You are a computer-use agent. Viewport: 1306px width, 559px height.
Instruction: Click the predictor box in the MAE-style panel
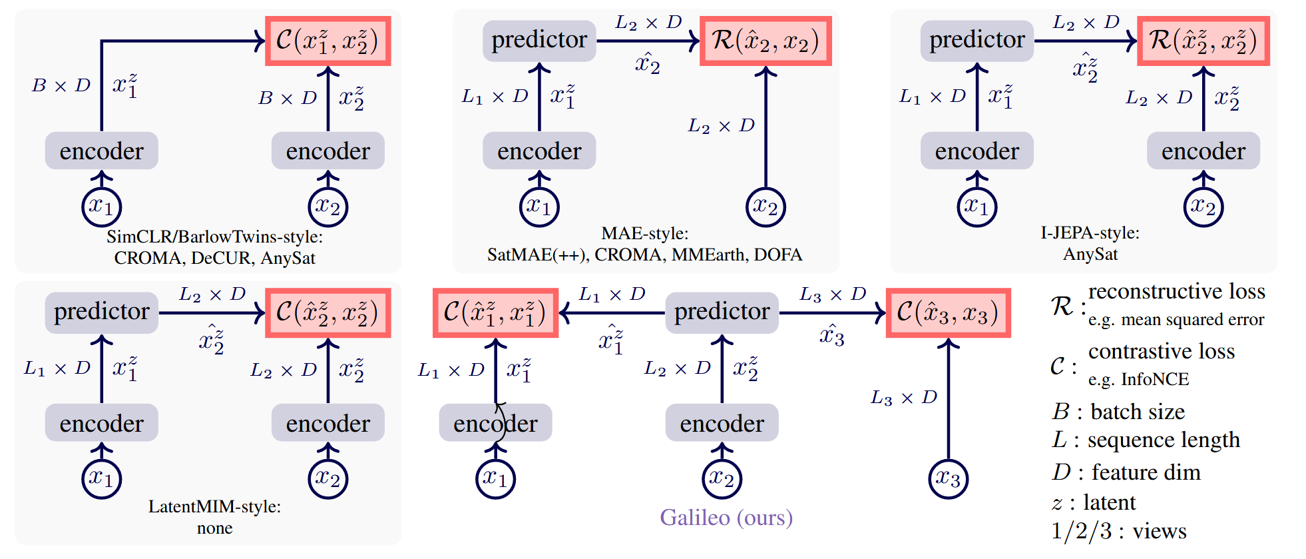click(x=539, y=41)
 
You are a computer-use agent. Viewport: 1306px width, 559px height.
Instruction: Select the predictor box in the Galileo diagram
click(x=722, y=312)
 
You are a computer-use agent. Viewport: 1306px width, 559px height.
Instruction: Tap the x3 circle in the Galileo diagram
click(x=948, y=478)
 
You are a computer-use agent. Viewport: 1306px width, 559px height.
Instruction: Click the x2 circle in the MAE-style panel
click(x=765, y=207)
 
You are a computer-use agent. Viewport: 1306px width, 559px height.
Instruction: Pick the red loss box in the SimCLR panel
click(x=327, y=41)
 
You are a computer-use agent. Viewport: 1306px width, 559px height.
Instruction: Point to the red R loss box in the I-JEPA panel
click(x=1203, y=41)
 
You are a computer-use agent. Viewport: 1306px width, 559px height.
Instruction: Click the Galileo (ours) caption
click(x=726, y=518)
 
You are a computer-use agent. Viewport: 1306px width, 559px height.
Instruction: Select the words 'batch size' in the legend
click(x=1138, y=412)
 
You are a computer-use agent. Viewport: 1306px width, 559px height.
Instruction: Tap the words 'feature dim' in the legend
click(x=1146, y=472)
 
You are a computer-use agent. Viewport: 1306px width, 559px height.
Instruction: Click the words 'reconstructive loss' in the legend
click(x=1176, y=292)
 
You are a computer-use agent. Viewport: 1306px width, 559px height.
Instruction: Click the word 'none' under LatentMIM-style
click(x=214, y=528)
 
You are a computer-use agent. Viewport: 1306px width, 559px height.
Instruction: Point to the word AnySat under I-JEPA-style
click(x=1090, y=255)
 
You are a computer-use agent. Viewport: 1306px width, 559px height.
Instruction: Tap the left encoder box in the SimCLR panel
click(x=101, y=151)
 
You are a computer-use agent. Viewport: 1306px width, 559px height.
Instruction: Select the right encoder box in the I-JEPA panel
click(x=1203, y=151)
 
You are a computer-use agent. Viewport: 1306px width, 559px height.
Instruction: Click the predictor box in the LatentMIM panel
click(x=101, y=312)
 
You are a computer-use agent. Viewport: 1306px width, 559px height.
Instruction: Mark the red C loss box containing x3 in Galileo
click(x=948, y=312)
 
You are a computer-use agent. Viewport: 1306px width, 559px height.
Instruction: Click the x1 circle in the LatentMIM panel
click(x=101, y=478)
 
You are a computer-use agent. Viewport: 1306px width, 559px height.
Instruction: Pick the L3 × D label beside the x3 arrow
click(x=903, y=398)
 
